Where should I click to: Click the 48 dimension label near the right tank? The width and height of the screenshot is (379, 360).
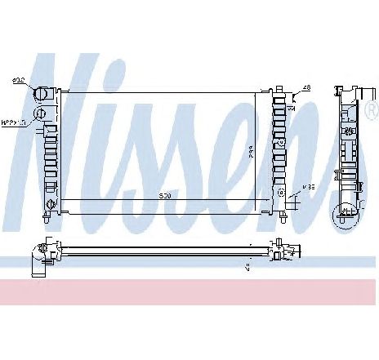[x=307, y=87]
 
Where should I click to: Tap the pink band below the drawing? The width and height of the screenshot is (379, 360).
[x=189, y=290]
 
